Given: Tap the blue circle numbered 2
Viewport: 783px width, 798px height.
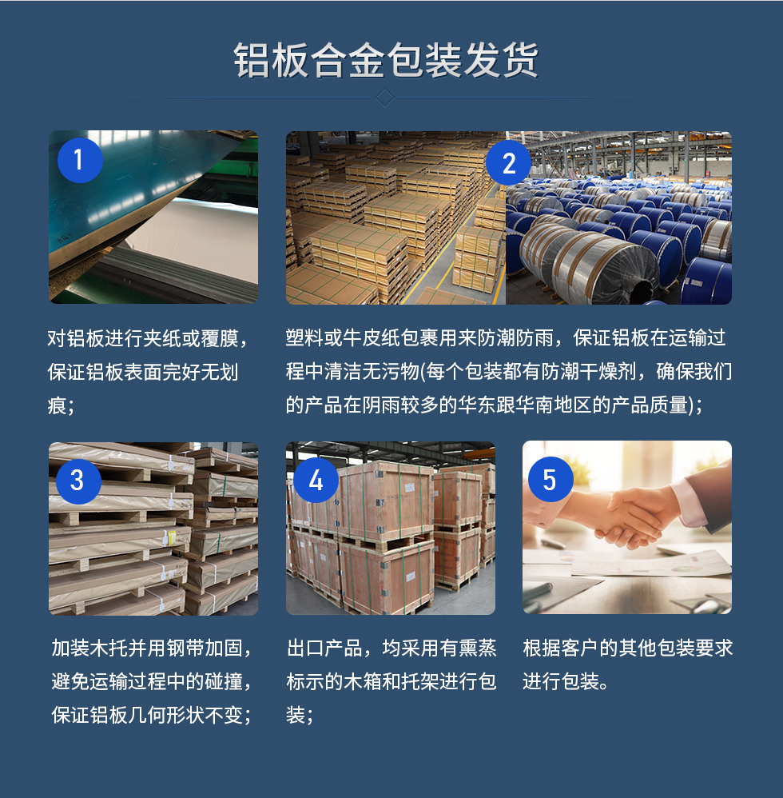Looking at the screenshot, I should point(509,164).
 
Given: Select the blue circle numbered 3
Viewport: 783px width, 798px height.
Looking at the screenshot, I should point(78,481).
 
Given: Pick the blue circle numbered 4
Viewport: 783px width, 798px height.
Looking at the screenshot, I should point(316,481).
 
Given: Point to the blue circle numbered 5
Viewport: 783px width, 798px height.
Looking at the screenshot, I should point(550,480).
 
